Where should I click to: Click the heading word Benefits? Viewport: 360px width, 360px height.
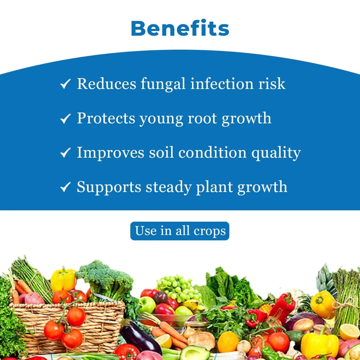pos(180,28)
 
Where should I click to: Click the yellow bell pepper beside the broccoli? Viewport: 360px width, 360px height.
pos(63,279)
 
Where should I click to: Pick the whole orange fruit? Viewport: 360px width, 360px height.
pos(228,342)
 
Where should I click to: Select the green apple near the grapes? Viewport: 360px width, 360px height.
pos(147,304)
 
